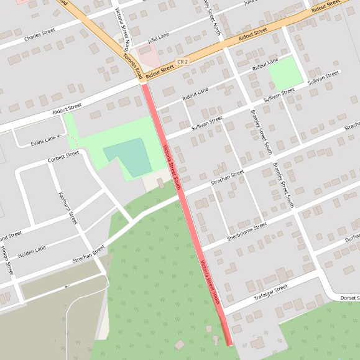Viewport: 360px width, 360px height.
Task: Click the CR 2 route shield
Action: [182, 62]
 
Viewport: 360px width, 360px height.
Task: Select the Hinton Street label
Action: [7, 261]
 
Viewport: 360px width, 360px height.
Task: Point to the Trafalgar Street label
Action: [271, 292]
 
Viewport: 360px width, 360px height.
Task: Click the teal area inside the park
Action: [127, 157]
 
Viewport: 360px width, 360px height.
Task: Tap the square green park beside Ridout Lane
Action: [285, 72]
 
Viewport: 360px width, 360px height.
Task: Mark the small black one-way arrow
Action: [65, 287]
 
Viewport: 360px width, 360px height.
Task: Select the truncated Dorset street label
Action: [349, 297]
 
